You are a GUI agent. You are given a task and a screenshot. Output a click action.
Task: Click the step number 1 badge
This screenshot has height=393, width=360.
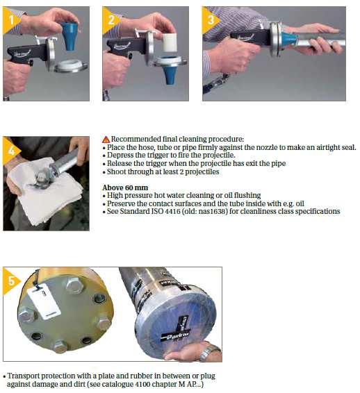coord(10,20)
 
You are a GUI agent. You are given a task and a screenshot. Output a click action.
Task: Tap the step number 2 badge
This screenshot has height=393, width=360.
coord(110,20)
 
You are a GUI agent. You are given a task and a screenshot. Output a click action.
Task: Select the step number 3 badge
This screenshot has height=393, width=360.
coord(209,20)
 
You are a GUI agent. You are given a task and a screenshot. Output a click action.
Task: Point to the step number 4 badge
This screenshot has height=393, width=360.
coord(10,151)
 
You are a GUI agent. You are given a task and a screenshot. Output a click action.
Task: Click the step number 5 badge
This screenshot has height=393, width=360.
coord(10,281)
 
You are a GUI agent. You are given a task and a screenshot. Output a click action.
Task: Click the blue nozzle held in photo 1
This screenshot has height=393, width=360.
coord(69,35)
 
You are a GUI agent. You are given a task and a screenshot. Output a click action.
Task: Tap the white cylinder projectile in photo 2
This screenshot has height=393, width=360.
coord(170,42)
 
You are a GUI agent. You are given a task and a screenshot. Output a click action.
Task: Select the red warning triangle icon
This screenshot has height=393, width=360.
coord(106,140)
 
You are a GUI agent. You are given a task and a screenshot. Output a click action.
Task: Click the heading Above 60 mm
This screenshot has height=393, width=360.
coord(125,187)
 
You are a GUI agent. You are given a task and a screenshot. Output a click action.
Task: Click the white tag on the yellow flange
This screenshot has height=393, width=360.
coord(44,303)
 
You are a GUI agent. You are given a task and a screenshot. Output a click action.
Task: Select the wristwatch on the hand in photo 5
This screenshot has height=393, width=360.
coord(208,351)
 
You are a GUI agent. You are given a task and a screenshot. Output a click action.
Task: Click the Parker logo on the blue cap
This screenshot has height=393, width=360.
coord(175,336)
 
